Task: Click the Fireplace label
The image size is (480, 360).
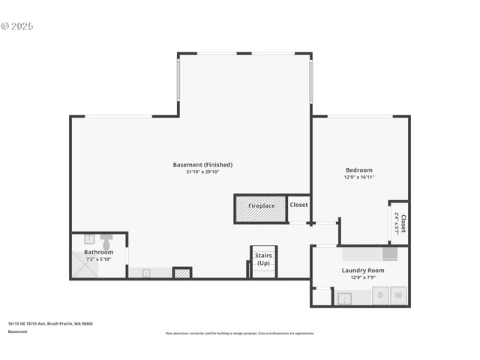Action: click(261, 205)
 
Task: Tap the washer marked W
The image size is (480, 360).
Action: click(398, 296)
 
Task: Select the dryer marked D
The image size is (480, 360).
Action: click(380, 296)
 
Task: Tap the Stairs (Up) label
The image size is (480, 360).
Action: click(263, 259)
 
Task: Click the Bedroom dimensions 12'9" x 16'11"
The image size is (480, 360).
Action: click(358, 178)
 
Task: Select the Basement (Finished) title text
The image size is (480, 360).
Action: click(202, 165)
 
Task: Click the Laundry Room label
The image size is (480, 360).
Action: click(363, 270)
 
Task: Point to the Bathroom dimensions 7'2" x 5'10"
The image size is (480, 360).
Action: click(98, 259)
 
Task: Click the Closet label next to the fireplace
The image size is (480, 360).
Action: click(298, 205)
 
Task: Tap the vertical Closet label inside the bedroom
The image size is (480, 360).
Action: click(403, 223)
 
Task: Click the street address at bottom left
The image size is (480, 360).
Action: click(50, 324)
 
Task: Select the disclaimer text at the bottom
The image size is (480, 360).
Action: click(240, 333)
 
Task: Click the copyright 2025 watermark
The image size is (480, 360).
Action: click(18, 26)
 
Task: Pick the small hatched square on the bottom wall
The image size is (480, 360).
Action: click(182, 273)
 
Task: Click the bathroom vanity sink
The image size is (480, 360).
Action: click(145, 274)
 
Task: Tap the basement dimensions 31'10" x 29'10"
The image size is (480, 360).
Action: click(202, 172)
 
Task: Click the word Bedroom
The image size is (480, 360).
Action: click(358, 170)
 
